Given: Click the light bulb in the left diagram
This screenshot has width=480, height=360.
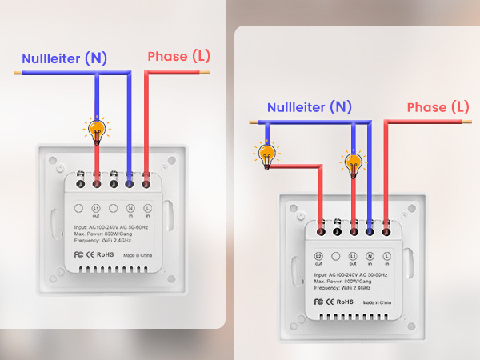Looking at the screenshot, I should point(97,130).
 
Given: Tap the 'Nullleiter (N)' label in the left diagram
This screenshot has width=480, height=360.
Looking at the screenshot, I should point(64,58).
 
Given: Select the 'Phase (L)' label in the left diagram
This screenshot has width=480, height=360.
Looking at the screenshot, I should point(178,57).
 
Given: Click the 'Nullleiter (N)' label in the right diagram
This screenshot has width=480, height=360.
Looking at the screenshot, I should point(309,107).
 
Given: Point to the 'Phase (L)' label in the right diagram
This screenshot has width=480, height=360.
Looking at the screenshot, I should point(438,107).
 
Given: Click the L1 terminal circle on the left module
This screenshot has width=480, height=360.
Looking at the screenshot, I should point(96,208).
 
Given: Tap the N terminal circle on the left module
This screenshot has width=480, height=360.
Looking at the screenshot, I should point(130,208).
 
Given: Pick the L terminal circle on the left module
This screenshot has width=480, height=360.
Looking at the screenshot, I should point(147,208).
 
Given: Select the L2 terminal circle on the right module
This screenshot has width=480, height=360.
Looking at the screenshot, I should point(318,257).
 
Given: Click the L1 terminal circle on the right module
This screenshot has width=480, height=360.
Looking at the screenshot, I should point(353,257).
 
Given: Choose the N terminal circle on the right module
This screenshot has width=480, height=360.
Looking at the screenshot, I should point(370,257).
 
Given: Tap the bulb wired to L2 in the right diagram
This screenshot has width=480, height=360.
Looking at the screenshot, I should point(266,155).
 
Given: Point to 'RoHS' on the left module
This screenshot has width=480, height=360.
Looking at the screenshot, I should point(104,254).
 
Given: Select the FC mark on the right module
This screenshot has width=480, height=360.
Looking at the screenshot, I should point(318,302).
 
